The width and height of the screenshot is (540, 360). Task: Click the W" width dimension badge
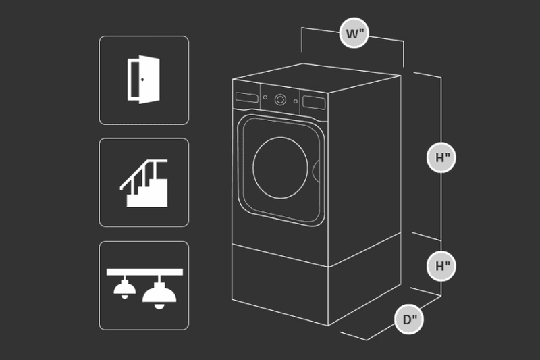point(354,33)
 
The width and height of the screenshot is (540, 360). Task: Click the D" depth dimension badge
point(409,319)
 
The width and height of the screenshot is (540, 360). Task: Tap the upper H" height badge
point(441,157)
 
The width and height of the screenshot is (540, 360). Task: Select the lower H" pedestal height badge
point(441,266)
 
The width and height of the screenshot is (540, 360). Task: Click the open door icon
point(144,80)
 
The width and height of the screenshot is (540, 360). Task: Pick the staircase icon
point(144,183)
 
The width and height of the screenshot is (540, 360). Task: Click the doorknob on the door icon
point(142,80)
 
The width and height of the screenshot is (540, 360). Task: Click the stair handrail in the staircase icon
point(143,174)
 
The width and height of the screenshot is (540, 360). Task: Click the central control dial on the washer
point(280,100)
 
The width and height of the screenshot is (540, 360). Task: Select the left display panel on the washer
point(247,97)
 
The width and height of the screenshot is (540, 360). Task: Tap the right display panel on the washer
point(314,103)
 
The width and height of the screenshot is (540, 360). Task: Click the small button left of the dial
point(265,97)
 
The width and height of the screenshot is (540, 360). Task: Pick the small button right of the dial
point(296,101)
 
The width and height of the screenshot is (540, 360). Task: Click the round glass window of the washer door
point(280,168)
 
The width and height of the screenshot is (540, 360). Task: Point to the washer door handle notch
point(316,171)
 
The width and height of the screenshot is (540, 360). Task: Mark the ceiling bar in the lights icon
point(144,272)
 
